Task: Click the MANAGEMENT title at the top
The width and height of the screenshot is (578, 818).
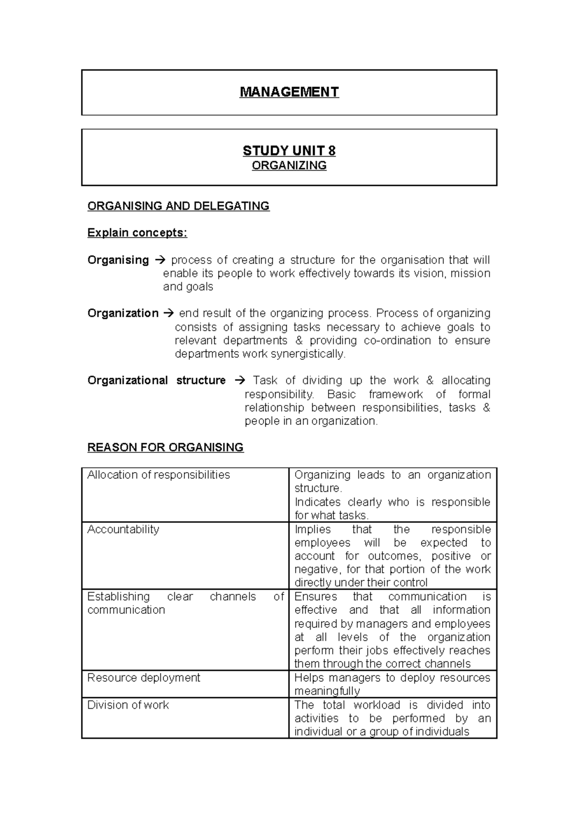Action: (289, 92)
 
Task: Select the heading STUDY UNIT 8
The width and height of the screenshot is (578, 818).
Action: (289, 151)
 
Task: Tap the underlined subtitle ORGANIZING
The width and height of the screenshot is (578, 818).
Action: (289, 166)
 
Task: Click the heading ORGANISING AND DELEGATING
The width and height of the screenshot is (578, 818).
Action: (178, 206)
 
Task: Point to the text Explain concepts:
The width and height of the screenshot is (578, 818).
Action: (137, 233)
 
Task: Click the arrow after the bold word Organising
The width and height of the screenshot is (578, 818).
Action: (160, 261)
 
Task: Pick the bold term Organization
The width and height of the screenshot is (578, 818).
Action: (123, 314)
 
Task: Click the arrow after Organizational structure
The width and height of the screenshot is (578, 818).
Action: (239, 381)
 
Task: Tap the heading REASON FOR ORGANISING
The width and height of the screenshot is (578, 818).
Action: (165, 448)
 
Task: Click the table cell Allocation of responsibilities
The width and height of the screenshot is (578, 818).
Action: (158, 475)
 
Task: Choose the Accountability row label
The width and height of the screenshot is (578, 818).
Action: (123, 529)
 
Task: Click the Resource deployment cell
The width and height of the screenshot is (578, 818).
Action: (144, 678)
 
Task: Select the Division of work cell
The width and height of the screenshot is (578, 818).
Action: (128, 705)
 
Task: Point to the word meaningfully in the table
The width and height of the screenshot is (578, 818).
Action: (327, 691)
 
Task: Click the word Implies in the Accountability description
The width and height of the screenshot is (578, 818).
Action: (313, 529)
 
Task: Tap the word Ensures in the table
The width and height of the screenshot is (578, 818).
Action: (315, 597)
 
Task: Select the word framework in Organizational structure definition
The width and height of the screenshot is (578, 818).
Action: (395, 395)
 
